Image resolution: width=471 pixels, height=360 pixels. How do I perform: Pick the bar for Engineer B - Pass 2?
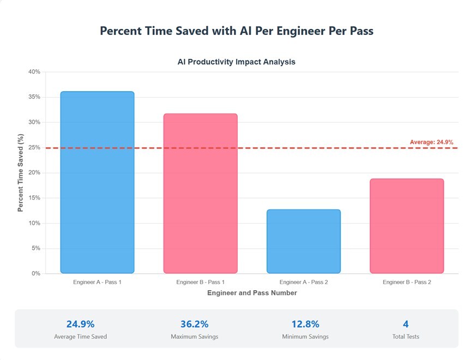(407, 226)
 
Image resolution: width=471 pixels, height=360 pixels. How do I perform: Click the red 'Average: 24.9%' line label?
(431, 142)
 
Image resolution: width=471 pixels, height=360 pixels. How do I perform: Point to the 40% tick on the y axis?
(34, 72)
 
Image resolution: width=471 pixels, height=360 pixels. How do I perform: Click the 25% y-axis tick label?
(34, 147)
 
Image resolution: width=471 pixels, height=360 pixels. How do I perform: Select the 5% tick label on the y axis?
(36, 248)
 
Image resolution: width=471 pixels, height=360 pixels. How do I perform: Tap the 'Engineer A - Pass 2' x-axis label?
(304, 282)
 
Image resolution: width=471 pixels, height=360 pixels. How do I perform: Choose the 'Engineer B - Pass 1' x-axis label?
(201, 282)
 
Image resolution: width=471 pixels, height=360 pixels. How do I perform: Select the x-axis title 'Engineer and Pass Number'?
(252, 293)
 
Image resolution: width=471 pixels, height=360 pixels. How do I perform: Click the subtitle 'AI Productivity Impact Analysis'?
(236, 62)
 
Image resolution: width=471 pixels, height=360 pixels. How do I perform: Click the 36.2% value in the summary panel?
(194, 324)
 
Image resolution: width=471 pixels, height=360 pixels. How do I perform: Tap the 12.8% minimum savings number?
(305, 324)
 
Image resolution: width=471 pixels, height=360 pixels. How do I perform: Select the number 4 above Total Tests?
(406, 324)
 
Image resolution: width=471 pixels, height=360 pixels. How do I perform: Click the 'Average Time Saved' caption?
(80, 337)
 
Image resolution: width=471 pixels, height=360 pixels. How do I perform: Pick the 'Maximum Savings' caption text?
(194, 337)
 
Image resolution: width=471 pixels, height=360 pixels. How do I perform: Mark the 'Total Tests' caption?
(406, 337)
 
